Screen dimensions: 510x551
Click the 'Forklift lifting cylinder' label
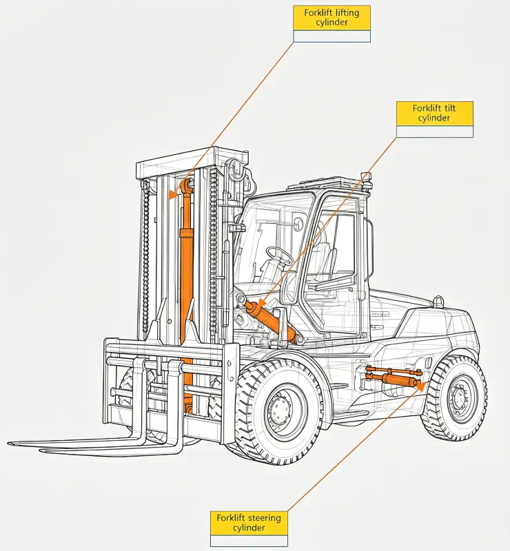click(331, 18)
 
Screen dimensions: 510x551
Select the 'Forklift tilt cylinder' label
click(434, 114)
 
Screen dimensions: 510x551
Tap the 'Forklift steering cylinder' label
click(249, 523)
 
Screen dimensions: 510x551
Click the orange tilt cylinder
click(271, 321)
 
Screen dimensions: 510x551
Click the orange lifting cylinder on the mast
click(187, 281)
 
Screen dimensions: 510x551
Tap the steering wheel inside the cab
click(280, 255)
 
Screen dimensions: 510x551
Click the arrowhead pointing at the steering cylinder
click(420, 386)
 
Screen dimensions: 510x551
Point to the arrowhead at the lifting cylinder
click(172, 194)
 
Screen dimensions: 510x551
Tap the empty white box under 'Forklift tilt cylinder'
click(434, 132)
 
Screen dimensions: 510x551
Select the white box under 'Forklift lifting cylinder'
click(331, 37)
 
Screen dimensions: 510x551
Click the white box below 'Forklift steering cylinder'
click(249, 541)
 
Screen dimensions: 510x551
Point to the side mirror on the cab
click(298, 223)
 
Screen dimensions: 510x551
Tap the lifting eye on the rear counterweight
click(438, 301)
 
